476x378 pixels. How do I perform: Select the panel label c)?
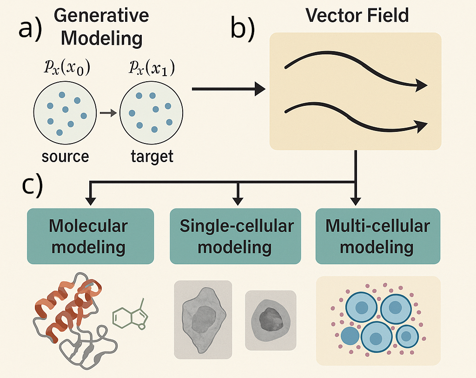33,185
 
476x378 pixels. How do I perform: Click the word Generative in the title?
101,16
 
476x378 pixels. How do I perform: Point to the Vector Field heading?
357,15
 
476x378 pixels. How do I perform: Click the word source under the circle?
65,156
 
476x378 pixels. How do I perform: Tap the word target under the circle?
152,156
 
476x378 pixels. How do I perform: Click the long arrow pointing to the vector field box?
228,88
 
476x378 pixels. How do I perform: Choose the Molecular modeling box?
91,236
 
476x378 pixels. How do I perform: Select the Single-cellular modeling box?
236,236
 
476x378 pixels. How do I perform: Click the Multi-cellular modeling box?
377,236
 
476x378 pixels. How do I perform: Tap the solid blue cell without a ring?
350,336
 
